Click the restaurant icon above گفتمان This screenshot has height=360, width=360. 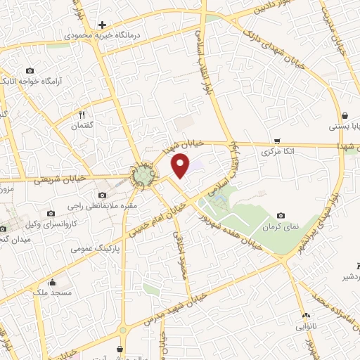tap(82, 114)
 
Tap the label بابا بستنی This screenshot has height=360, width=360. tap(345, 127)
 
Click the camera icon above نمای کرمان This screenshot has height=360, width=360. tap(281, 216)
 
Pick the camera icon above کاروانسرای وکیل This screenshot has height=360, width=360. tap(51, 213)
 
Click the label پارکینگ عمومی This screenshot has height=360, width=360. tap(96, 247)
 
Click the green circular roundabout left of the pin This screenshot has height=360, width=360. tap(144, 174)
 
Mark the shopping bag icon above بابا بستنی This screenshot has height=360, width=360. tap(345, 116)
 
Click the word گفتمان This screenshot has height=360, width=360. tap(82, 125)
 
